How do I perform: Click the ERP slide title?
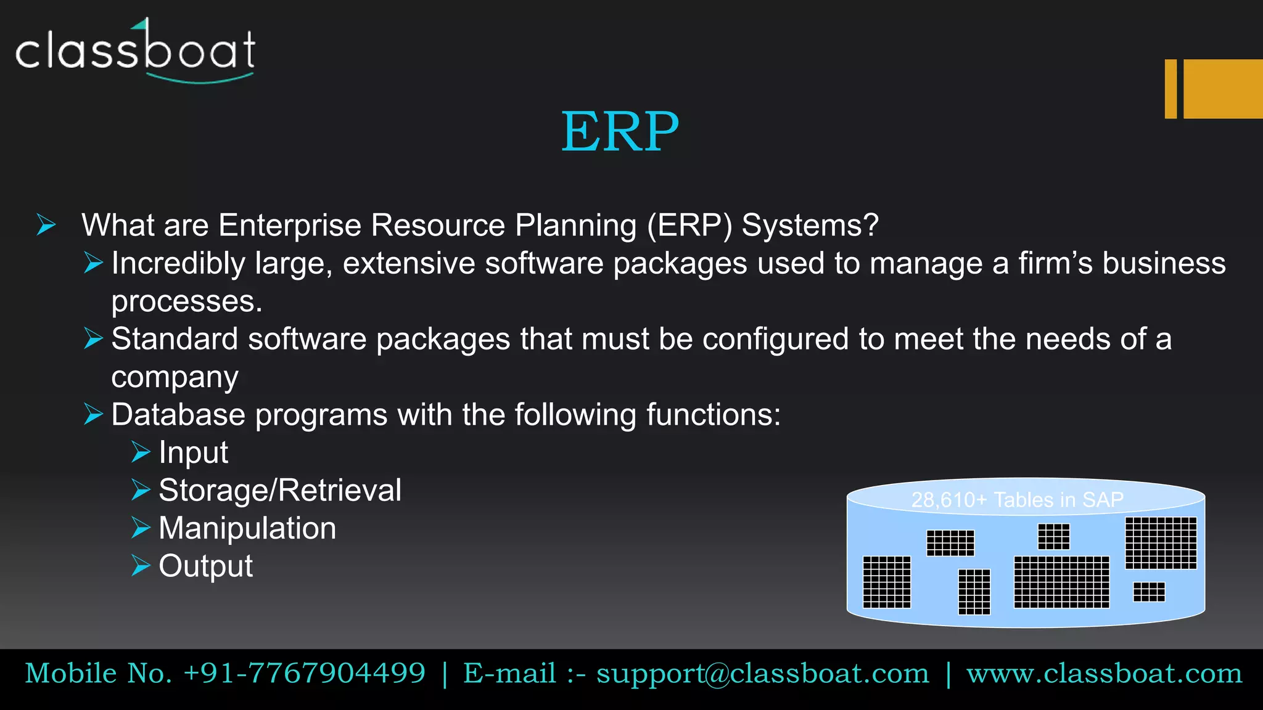point(620,131)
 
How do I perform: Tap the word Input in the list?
point(193,452)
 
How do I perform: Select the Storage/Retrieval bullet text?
point(280,491)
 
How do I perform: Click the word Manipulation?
point(247,528)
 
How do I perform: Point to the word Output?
point(205,566)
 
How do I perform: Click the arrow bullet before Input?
point(141,452)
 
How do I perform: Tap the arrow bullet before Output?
point(141,565)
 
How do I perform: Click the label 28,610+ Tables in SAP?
point(1017,499)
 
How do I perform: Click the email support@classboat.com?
point(762,673)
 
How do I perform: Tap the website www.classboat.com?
point(1104,673)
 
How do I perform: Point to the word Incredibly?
point(178,264)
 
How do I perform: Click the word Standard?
point(175,339)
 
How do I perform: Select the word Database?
point(178,414)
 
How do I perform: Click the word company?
point(175,377)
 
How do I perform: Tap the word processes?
point(186,302)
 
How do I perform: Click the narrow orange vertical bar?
point(1170,89)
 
